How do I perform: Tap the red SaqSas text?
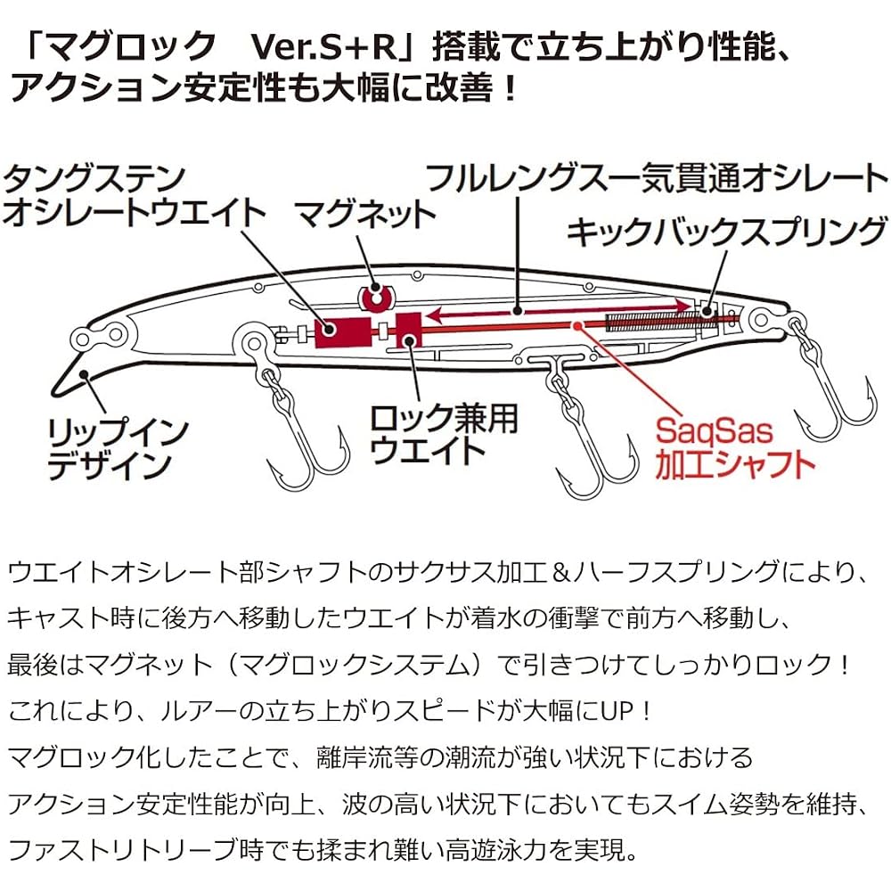point(715,432)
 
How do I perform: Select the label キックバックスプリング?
point(727,232)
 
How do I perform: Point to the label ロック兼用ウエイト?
point(444,435)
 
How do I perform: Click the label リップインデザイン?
point(118,449)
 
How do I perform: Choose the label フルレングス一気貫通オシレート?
point(657,178)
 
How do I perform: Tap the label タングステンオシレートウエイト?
point(135,197)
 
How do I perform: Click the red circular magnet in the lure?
point(375,298)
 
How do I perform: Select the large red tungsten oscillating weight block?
point(343,333)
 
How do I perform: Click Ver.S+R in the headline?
point(324,47)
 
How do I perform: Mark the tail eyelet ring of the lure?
point(768,319)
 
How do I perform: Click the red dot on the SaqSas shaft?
point(577,325)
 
